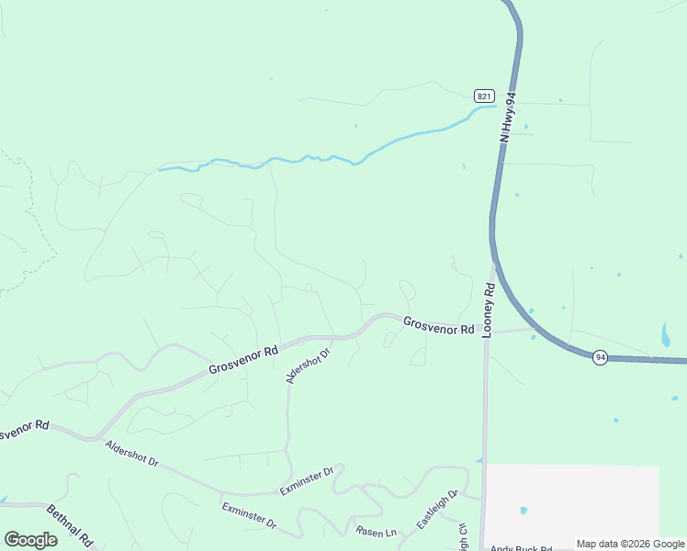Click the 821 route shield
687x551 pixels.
(485, 96)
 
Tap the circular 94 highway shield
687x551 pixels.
(599, 356)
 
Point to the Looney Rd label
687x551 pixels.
(490, 309)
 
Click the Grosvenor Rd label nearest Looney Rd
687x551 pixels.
(438, 324)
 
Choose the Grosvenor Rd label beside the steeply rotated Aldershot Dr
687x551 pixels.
(242, 359)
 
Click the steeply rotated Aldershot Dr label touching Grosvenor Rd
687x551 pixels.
(308, 365)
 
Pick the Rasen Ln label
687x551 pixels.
(377, 531)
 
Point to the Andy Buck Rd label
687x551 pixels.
(520, 547)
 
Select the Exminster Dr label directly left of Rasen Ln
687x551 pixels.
(249, 515)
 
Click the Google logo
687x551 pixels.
(30, 539)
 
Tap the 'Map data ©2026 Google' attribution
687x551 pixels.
(630, 544)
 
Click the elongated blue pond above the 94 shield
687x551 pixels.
(666, 334)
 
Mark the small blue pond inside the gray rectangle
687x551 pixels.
(524, 510)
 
